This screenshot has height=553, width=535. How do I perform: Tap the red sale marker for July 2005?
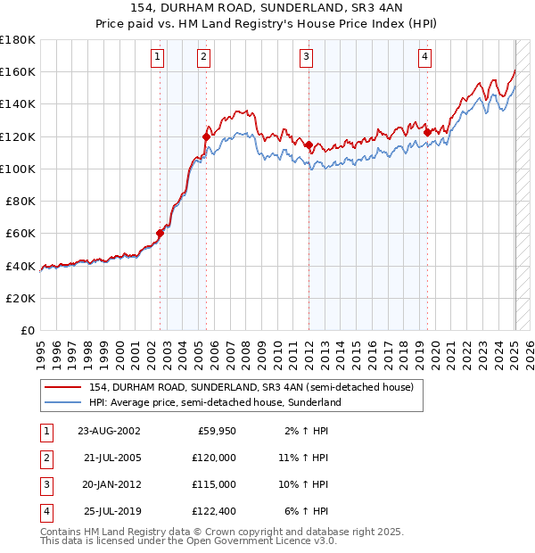(x=206, y=137)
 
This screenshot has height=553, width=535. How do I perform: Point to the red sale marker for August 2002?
(x=160, y=234)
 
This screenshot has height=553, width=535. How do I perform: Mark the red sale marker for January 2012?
(x=309, y=145)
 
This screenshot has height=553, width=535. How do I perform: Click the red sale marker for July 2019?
(x=427, y=133)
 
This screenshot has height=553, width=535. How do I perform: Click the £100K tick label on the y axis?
(x=18, y=169)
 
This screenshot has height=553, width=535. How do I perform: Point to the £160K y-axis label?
(x=18, y=71)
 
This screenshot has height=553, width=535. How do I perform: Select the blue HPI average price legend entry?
(x=215, y=403)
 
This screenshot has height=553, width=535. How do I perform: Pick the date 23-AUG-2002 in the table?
(x=109, y=431)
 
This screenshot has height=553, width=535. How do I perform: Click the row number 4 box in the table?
(x=45, y=511)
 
